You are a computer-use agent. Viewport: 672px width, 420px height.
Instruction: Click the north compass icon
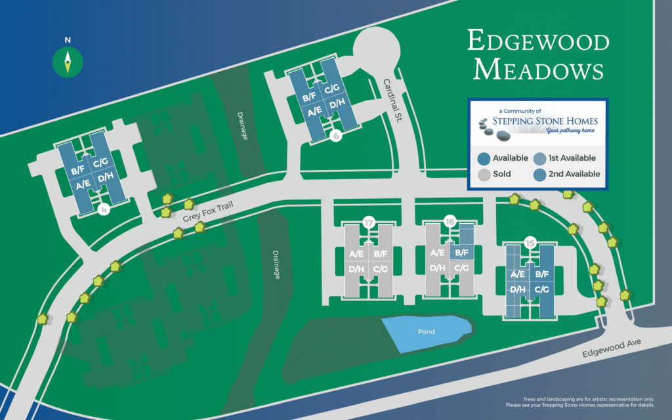[68, 62]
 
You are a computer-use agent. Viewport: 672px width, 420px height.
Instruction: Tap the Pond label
[427, 332]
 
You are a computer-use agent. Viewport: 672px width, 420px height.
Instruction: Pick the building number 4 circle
[102, 210]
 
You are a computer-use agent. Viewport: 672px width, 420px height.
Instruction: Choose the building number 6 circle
[336, 136]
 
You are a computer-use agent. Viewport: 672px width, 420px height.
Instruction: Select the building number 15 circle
[530, 244]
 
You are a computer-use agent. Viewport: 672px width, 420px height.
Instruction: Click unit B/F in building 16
[462, 253]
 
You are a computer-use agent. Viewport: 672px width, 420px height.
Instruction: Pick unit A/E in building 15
[517, 275]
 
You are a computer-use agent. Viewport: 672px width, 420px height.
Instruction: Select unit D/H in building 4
[105, 178]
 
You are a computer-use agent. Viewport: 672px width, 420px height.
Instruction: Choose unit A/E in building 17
[356, 253]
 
